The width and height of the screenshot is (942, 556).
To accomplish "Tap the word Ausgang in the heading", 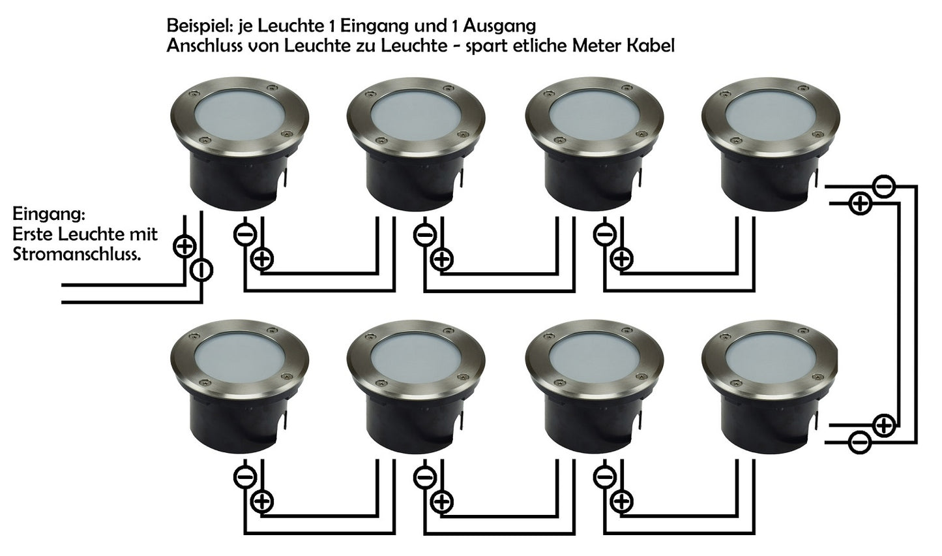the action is (x=499, y=27).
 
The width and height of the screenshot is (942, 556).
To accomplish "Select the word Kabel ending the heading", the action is (x=651, y=46).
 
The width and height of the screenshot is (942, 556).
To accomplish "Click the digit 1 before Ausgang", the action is (x=456, y=26).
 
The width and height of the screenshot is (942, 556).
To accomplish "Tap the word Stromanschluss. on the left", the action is (x=76, y=255).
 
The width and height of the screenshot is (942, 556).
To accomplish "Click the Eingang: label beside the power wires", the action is (x=49, y=215).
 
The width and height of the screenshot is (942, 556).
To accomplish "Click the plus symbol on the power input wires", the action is (x=184, y=247).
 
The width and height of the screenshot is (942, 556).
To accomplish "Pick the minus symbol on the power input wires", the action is (x=201, y=271).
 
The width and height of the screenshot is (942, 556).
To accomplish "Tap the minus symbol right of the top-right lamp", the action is (x=884, y=186).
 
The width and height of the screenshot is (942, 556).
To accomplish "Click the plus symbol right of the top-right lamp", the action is (x=861, y=204).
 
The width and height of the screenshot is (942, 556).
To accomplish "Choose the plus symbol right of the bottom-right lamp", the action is (x=885, y=425).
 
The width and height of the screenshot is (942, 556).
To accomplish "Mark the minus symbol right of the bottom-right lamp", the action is (x=860, y=443).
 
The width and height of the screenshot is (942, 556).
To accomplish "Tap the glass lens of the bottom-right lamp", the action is (x=771, y=356).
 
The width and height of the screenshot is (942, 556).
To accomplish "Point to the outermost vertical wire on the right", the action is (x=916, y=314).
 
